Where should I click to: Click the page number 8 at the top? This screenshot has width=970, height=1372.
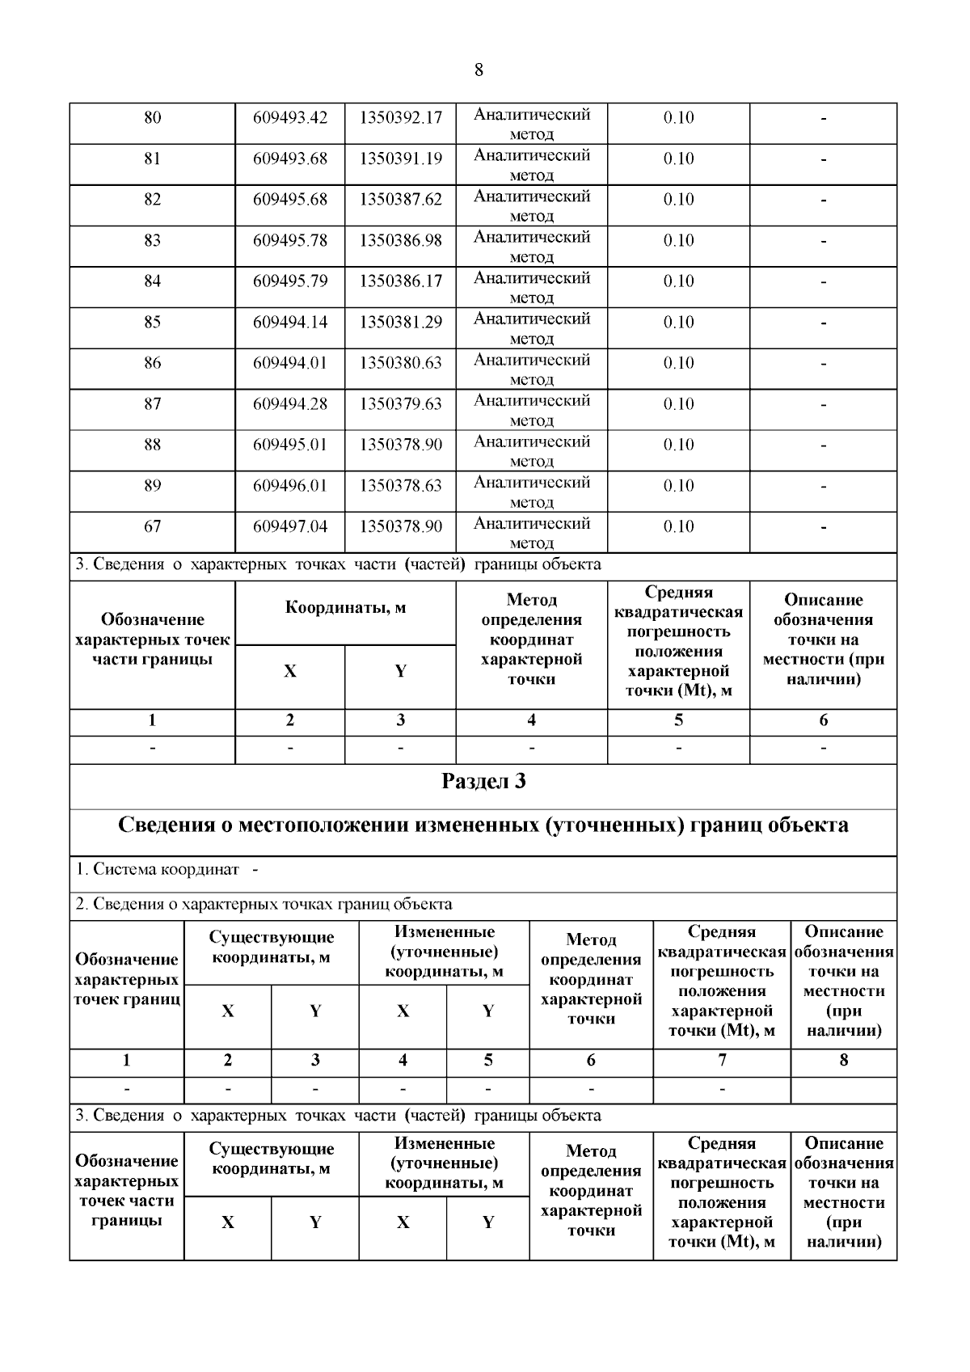point(479,70)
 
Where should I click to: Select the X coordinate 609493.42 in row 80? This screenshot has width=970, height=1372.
point(290,117)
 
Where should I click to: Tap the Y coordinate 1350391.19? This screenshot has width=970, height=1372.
point(401,158)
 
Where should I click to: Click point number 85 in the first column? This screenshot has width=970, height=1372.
point(152,322)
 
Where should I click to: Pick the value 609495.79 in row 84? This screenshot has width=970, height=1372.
point(290,281)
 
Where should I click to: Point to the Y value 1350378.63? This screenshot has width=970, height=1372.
point(401,486)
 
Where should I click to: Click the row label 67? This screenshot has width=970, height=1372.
point(152,526)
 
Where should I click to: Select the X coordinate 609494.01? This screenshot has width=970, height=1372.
point(290,363)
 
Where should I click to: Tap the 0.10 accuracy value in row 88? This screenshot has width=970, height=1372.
point(678,445)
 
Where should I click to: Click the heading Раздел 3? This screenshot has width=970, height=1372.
point(483,782)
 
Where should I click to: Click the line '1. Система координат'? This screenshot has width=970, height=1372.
point(158,870)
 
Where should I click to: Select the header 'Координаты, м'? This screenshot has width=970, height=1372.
point(345,608)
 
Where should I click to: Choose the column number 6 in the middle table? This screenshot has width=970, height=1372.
point(823,720)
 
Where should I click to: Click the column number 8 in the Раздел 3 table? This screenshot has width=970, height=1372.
point(843,1060)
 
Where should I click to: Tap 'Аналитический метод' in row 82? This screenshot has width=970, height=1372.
point(531,206)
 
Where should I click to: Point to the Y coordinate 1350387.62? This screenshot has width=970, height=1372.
point(401,199)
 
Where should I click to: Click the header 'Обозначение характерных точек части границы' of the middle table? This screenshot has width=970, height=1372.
point(152,640)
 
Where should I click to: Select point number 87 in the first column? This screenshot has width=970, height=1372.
point(152,403)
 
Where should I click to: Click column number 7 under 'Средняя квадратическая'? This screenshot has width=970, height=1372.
point(721,1060)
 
